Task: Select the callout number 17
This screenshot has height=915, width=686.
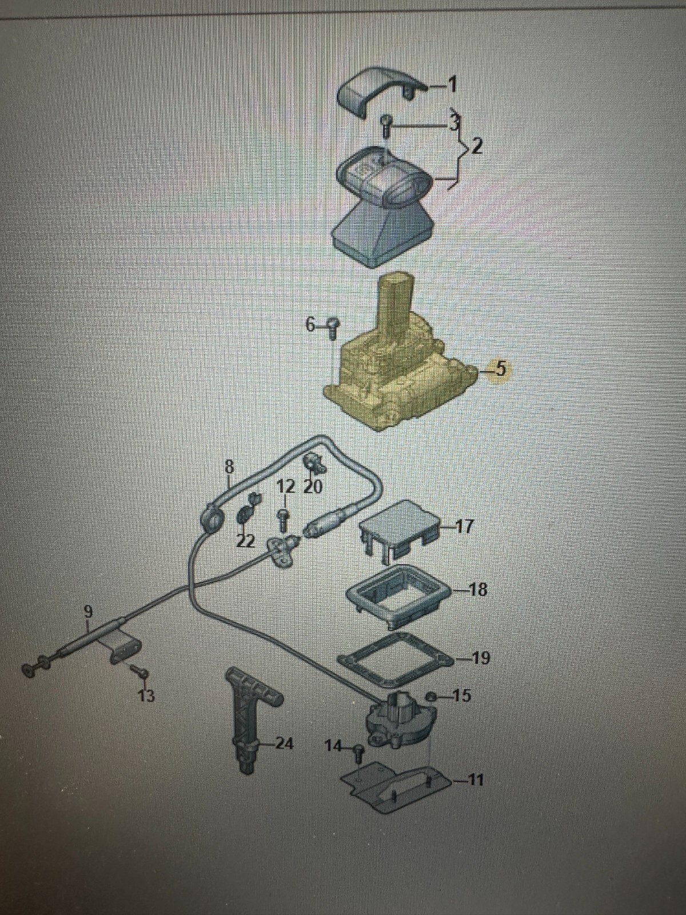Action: [465, 527]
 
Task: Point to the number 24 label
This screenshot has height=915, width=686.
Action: [284, 743]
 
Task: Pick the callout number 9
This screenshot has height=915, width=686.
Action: [88, 611]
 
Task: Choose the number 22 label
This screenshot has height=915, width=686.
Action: [245, 541]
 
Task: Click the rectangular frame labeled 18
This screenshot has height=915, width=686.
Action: [399, 594]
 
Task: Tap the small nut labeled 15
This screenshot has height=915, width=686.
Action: [432, 695]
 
